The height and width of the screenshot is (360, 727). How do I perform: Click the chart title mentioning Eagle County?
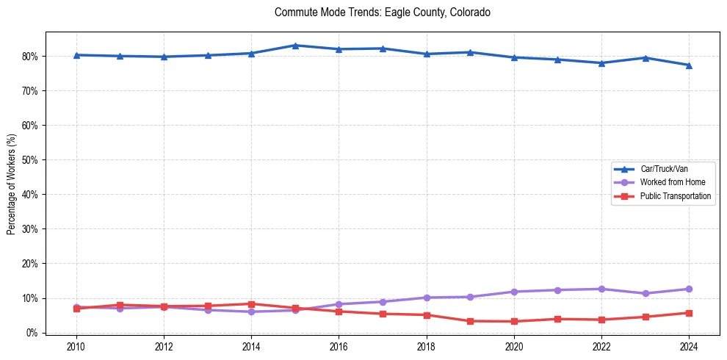point(382,12)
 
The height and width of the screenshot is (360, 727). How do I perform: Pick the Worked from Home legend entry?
point(669,182)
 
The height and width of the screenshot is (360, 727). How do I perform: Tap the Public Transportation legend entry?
point(675,196)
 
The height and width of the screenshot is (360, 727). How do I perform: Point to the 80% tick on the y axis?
point(32,57)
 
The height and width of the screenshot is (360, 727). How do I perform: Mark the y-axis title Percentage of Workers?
point(12,184)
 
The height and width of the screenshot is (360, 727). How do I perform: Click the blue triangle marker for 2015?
point(295,46)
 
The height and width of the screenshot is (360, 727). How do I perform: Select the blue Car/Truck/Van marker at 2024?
point(689,65)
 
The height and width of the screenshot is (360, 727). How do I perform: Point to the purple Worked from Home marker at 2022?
point(601,289)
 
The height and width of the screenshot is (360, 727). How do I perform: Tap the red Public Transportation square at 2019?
point(470,321)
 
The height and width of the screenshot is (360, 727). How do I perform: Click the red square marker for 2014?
point(251,304)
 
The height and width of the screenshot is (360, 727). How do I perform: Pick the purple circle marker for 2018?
point(427,298)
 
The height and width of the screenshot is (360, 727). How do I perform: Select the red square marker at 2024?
point(689,313)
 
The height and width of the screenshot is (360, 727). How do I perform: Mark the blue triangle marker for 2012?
point(164,57)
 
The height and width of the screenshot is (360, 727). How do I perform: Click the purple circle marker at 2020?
point(514,292)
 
